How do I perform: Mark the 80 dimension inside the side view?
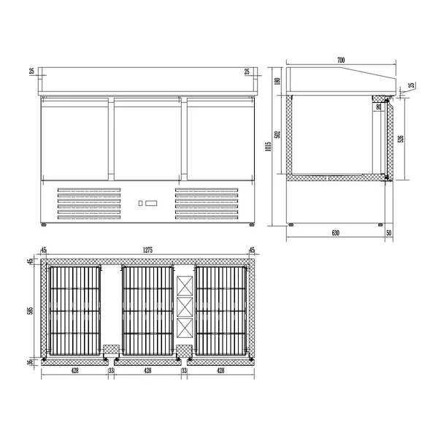[x=377, y=107]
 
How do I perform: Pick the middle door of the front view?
[x=148, y=139]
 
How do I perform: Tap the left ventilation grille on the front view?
[x=89, y=205]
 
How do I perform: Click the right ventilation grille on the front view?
[x=207, y=205]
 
